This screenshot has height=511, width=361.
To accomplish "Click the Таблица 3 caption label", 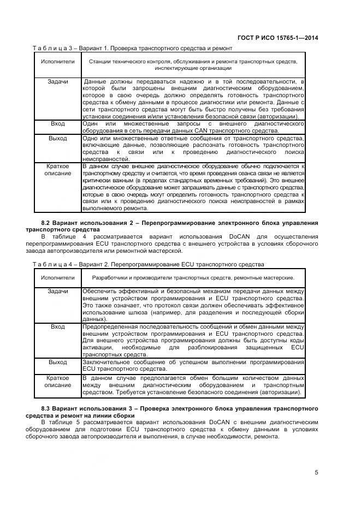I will coord(55,48).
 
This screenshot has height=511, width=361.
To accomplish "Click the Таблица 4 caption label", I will coord(55,264).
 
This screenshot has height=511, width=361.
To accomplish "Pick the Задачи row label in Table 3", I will coord(58,81).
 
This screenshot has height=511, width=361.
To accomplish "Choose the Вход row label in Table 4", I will coord(58,326).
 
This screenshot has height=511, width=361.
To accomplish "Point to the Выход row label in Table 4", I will coord(58,362).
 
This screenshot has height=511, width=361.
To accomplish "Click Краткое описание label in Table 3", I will coord(58,169).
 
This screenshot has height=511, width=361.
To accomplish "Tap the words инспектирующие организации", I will coord(193,68).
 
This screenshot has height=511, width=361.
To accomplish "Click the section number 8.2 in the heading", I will coord(46,223).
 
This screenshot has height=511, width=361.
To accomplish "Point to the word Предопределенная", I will coord(108,326).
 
